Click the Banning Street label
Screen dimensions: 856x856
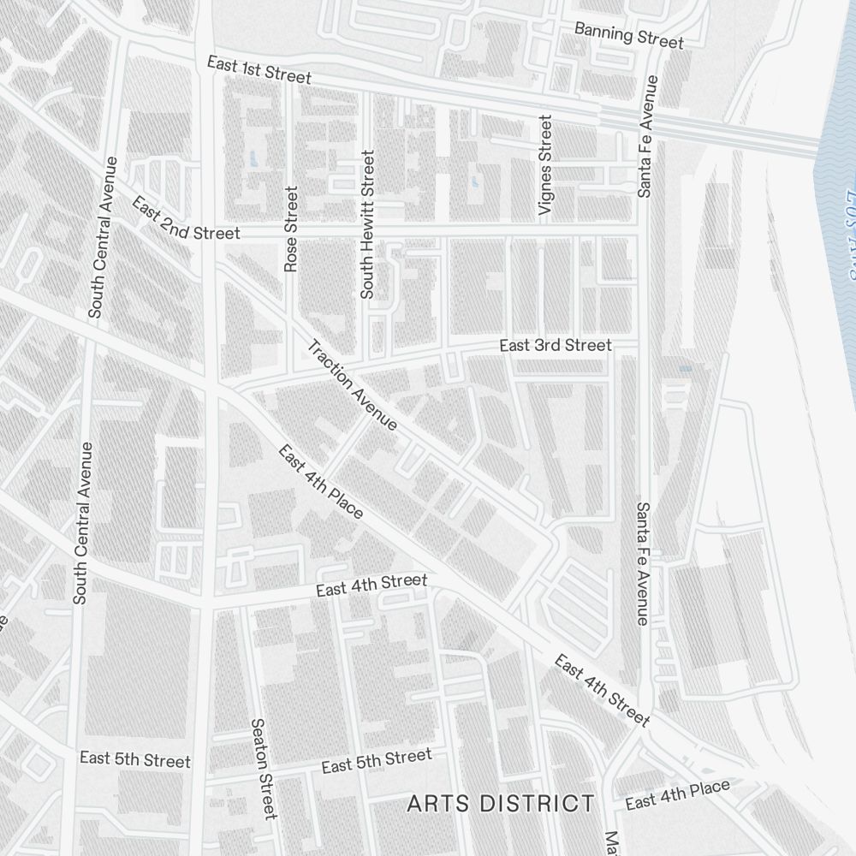coord(628,35)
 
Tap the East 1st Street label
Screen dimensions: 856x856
coord(259,69)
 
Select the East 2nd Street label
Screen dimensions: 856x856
coord(186,219)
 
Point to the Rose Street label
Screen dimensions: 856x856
coord(291,229)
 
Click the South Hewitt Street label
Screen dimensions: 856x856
coord(367,224)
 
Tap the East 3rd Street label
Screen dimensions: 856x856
coord(556,345)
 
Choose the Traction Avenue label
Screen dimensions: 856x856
coord(353,384)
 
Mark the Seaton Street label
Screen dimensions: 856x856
coord(263,767)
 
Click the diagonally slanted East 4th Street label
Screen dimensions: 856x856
coord(602,690)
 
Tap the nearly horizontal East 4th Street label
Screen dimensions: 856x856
coord(371,586)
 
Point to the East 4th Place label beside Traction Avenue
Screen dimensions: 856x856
coord(321,481)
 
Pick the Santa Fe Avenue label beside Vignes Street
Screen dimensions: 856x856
coord(646,137)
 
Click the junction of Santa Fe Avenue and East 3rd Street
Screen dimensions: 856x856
coord(644,345)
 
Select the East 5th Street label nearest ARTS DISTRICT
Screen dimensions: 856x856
coord(377,760)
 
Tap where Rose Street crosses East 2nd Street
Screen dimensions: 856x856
coord(291,232)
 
